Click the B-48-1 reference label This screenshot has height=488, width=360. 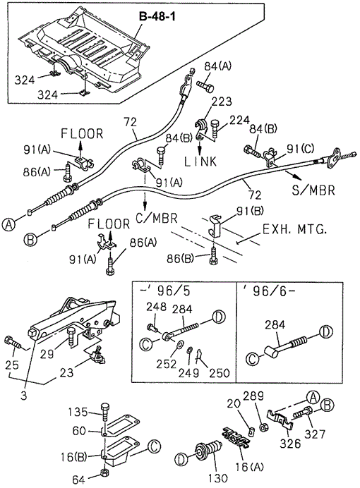(x=157, y=16)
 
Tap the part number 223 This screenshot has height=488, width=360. (x=222, y=102)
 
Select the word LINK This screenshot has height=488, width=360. (x=200, y=161)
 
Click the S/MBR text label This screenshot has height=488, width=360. (x=313, y=190)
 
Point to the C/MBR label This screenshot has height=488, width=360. (x=157, y=218)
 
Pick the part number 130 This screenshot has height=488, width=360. (x=217, y=478)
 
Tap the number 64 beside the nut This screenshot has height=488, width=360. (x=78, y=480)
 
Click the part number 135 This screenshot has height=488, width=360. (x=78, y=412)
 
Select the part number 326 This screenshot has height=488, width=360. (x=290, y=443)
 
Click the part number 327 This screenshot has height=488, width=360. (x=315, y=434)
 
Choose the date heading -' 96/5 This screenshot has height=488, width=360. (x=164, y=291)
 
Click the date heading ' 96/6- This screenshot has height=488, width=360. (x=269, y=292)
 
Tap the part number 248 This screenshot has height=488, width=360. (x=157, y=307)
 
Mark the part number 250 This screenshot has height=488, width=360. (x=220, y=372)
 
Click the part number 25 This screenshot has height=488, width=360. (x=13, y=365)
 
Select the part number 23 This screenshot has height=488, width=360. (x=66, y=372)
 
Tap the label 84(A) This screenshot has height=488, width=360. (x=218, y=66)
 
